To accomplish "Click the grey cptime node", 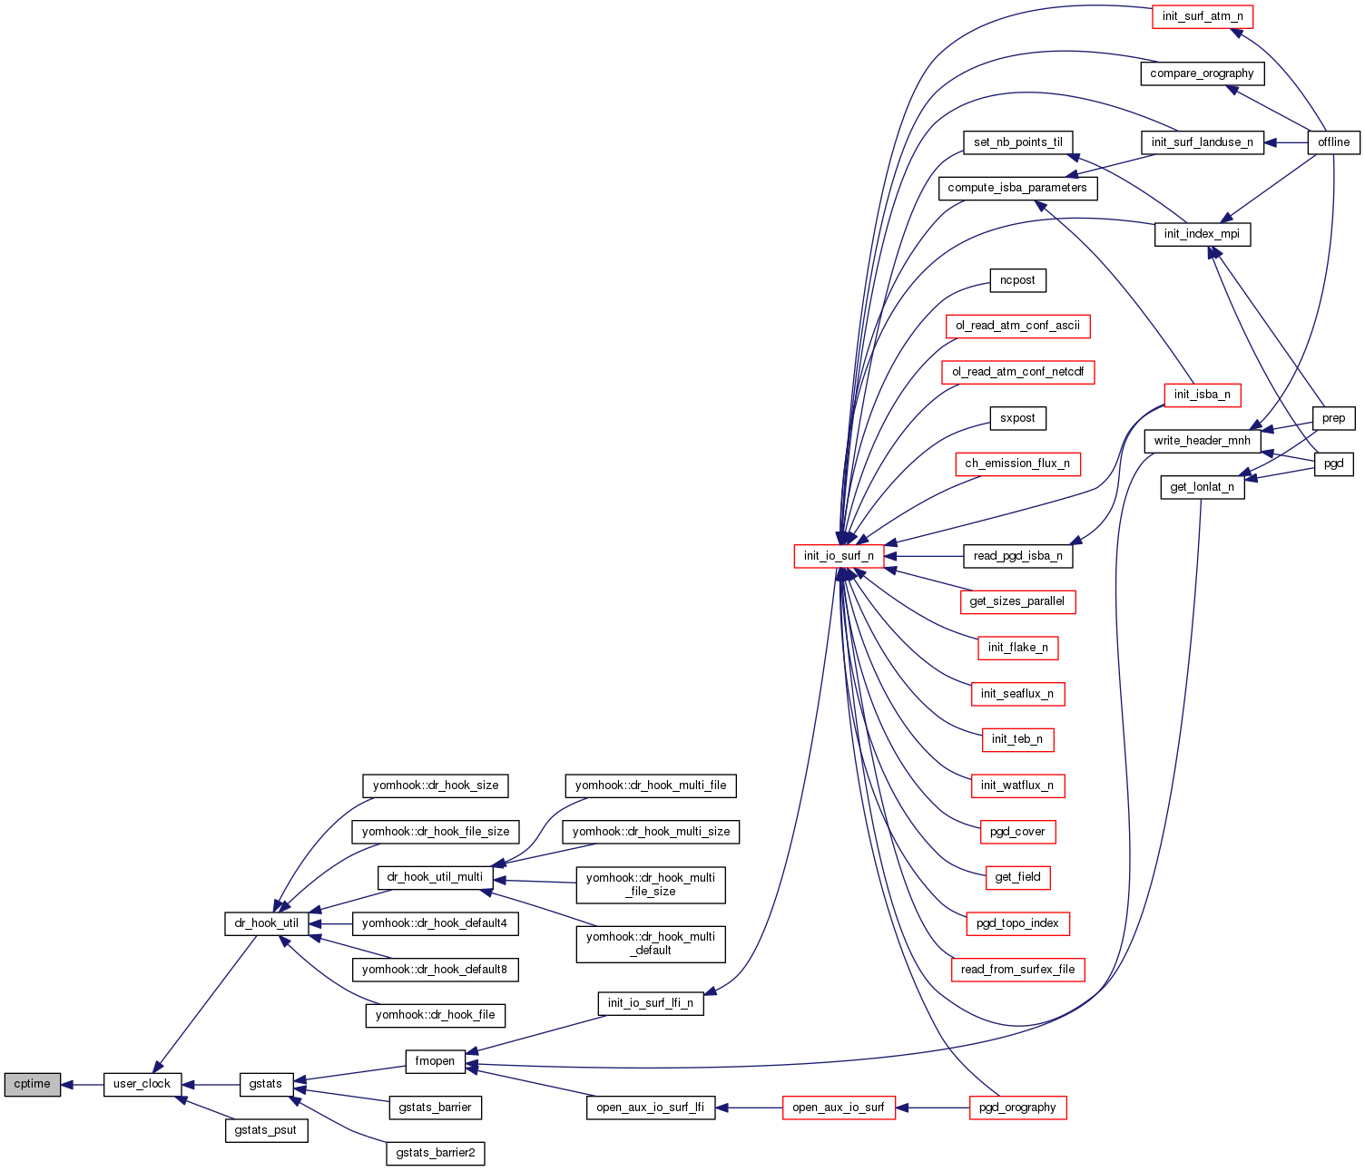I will [x=33, y=1084].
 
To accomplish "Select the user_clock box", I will [x=142, y=1084].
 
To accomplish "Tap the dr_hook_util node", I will [x=266, y=923].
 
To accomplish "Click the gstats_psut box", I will [x=266, y=1130].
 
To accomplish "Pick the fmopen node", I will [x=435, y=1061].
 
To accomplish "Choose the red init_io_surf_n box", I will [x=839, y=556].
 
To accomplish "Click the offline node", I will [x=1333, y=142].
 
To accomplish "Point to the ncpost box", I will [x=1017, y=280].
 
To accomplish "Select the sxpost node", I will [x=1017, y=418].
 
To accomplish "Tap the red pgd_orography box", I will [x=1017, y=1108].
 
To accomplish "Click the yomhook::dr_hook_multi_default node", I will [x=651, y=943].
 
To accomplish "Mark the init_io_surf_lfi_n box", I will [x=651, y=1003].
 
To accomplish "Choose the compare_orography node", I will [x=1202, y=73].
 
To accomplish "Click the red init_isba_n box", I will [x=1202, y=395].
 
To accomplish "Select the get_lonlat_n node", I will [x=1202, y=487].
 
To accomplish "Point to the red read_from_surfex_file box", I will [x=1017, y=970].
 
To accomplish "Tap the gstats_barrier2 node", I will [x=435, y=1153].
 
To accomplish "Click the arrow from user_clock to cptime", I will [x=83, y=1084].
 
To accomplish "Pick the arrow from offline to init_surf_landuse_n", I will [x=1285, y=142].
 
